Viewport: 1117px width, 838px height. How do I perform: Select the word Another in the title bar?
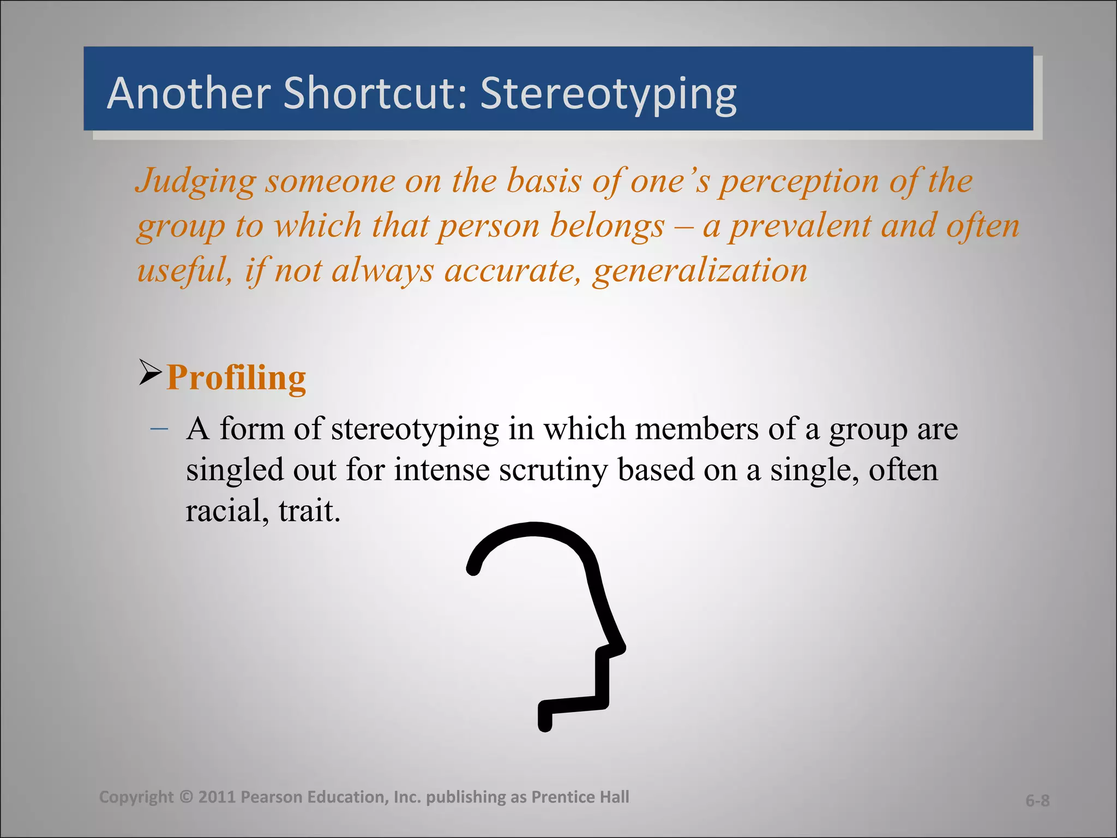pyautogui.click(x=189, y=93)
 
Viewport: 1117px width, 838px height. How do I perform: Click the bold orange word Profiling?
pyautogui.click(x=236, y=378)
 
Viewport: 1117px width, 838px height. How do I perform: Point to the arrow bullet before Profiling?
pyautogui.click(x=150, y=373)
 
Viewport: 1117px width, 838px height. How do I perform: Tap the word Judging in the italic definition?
pyautogui.click(x=195, y=182)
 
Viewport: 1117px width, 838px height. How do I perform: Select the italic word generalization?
pyautogui.click(x=700, y=271)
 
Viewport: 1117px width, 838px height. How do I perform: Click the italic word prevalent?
pyautogui.click(x=800, y=226)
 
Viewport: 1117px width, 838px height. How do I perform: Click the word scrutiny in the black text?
pyautogui.click(x=553, y=470)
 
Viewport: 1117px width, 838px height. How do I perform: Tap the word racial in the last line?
pyautogui.click(x=226, y=512)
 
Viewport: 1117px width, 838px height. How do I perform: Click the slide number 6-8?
pyautogui.click(x=1037, y=800)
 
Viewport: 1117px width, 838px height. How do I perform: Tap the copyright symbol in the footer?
pyautogui.click(x=186, y=797)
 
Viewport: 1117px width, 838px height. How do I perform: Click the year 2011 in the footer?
pyautogui.click(x=217, y=797)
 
